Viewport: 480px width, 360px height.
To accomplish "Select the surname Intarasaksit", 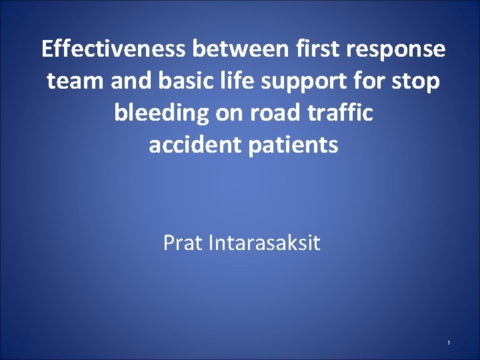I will (264, 243).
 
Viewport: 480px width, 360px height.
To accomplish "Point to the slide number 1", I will (449, 343).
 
